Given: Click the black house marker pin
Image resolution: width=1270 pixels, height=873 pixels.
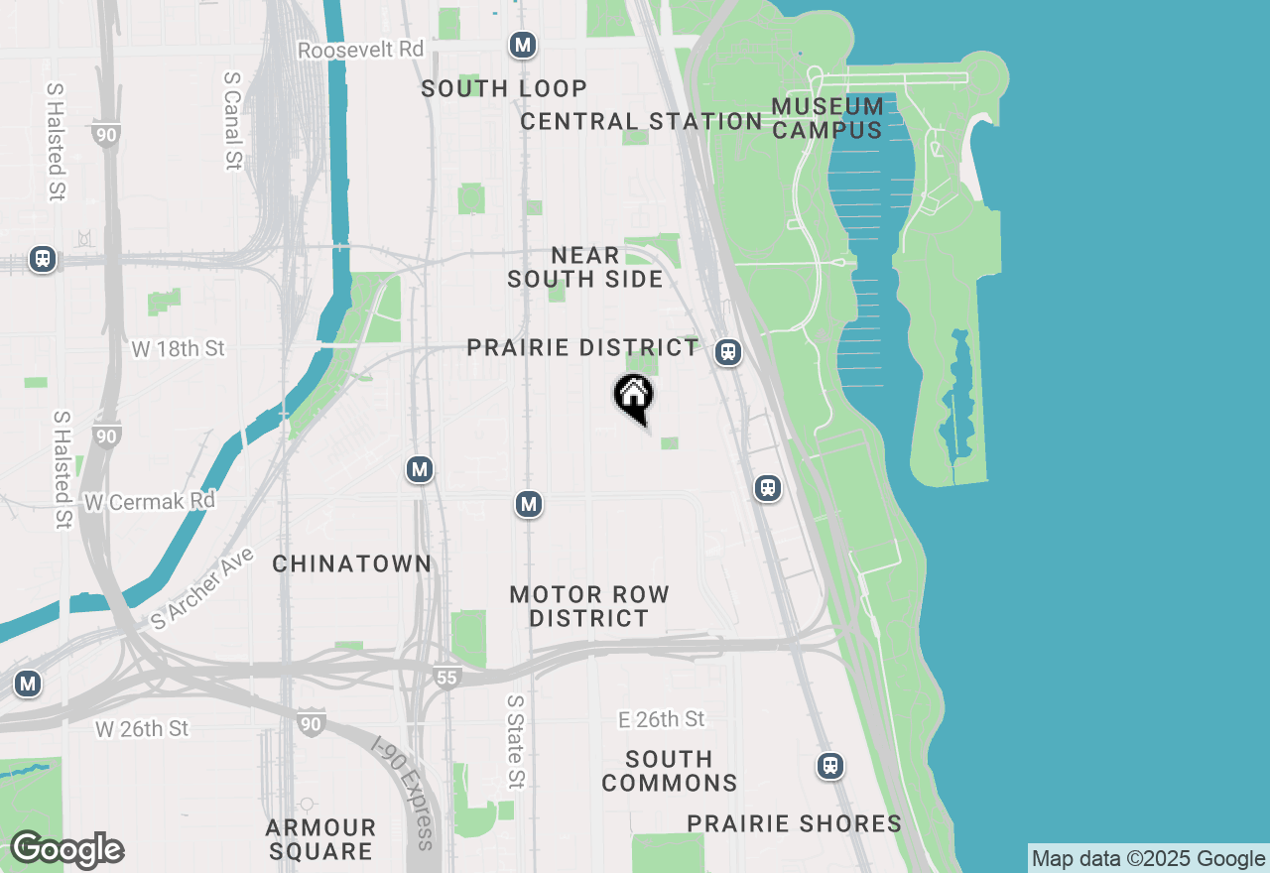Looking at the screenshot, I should click(634, 397).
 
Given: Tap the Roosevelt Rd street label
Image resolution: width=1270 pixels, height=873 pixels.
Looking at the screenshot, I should click(361, 50).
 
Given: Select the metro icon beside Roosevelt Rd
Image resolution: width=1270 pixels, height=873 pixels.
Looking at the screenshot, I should click(523, 45).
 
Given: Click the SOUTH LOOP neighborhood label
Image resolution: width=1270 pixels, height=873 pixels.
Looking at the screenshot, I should click(504, 88).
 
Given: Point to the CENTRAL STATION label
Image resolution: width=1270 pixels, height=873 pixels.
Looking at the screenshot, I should click(641, 121).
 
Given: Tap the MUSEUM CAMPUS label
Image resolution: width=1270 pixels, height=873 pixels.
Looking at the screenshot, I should click(827, 118).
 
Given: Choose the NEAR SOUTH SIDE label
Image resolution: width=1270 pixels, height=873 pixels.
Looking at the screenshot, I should click(585, 268).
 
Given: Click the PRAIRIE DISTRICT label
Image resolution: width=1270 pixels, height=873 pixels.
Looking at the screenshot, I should click(583, 348).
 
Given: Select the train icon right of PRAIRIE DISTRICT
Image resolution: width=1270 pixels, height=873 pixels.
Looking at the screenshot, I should click(729, 351).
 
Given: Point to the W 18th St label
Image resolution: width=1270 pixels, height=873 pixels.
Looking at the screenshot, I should click(179, 348).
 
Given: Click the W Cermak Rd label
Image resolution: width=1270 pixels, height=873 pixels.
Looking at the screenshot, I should click(150, 502).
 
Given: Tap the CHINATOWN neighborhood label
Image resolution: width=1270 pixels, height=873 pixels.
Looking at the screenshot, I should click(352, 563).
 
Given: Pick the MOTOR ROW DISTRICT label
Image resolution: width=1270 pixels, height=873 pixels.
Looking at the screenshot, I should click(589, 606).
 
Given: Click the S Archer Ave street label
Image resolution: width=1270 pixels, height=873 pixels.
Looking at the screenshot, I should click(203, 587).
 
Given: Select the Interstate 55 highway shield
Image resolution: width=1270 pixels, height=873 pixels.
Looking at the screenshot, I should click(446, 678).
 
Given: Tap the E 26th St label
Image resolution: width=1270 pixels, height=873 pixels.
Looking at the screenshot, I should click(661, 719).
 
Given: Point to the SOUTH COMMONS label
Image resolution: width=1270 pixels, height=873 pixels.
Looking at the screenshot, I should click(670, 771).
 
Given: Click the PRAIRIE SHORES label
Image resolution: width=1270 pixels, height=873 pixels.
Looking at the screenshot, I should click(795, 823).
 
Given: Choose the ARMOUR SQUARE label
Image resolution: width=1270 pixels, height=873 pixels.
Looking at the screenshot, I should click(320, 839).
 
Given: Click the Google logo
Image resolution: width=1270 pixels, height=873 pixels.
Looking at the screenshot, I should click(66, 849).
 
